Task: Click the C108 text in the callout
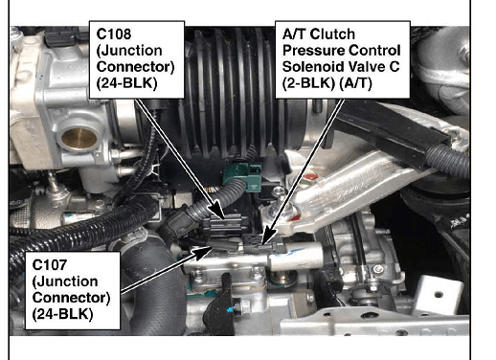click(114, 34)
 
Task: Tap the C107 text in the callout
click(50, 265)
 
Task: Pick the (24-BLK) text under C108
click(126, 83)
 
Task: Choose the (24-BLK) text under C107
click(62, 314)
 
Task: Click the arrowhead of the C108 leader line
click(218, 211)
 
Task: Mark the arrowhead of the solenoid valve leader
click(268, 236)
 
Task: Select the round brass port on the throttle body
click(79, 138)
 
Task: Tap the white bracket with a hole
click(439, 295)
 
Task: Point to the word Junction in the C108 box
click(129, 51)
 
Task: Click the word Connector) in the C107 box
click(71, 298)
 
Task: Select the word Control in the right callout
click(374, 51)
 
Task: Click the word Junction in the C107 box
click(65, 281)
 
